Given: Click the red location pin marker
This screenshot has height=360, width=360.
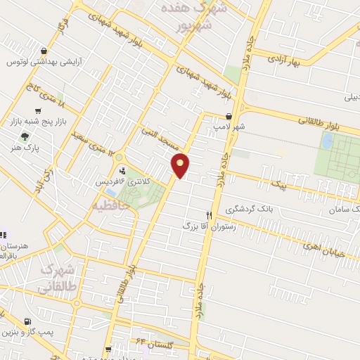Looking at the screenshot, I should pyautogui.click(x=181, y=165).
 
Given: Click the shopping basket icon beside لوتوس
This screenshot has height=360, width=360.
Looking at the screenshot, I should pyautogui.click(x=45, y=51).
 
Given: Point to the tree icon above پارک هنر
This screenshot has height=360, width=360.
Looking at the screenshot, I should pyautogui.click(x=26, y=137).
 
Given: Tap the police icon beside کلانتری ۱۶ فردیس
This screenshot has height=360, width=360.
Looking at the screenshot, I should pyautogui.click(x=122, y=170).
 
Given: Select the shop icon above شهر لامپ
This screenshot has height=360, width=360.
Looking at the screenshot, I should pyautogui.click(x=229, y=117).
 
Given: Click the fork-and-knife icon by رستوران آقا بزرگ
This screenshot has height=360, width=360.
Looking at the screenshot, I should pyautogui.click(x=209, y=215).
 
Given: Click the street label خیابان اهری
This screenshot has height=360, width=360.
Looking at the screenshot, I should pyautogui.click(x=321, y=245).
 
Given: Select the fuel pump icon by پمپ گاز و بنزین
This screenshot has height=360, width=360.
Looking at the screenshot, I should pyautogui.click(x=27, y=321).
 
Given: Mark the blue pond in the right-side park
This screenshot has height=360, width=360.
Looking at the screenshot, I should pyautogui.click(x=327, y=141).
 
